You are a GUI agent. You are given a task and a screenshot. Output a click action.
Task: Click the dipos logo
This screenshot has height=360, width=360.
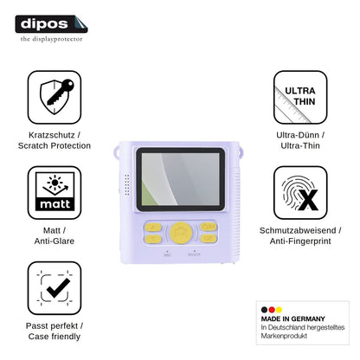(51, 24)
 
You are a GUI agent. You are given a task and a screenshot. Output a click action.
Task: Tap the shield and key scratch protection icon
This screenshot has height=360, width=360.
(55, 97)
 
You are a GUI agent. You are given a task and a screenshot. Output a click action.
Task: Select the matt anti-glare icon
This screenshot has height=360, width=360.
(55, 192)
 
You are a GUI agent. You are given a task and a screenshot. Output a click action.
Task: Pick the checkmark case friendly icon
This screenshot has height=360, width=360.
(55, 288)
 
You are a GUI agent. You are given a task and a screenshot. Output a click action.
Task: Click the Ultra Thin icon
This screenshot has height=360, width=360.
(300, 97)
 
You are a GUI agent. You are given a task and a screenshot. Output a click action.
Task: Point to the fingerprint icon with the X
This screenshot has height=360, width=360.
(300, 192)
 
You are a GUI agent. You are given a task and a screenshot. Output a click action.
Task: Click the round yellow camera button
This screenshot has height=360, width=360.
(181, 233)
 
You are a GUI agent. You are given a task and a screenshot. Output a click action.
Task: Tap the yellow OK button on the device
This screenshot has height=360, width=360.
(209, 239)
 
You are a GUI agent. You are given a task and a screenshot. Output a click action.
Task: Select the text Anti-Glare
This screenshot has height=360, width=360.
(55, 241)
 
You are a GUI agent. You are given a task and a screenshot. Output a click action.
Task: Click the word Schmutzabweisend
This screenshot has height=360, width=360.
(298, 230)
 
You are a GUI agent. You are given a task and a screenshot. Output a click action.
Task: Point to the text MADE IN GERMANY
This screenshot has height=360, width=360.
(293, 318)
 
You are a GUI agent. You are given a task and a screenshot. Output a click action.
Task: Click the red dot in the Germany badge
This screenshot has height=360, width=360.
(272, 310)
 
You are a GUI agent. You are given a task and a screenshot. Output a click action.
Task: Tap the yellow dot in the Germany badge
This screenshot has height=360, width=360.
(279, 310)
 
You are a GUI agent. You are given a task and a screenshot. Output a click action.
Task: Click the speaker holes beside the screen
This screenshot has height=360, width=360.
(127, 184)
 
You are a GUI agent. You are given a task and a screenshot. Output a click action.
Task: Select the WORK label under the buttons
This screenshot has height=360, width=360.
(194, 254)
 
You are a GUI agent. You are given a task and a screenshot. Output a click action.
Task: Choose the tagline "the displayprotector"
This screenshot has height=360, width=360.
(51, 39)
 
